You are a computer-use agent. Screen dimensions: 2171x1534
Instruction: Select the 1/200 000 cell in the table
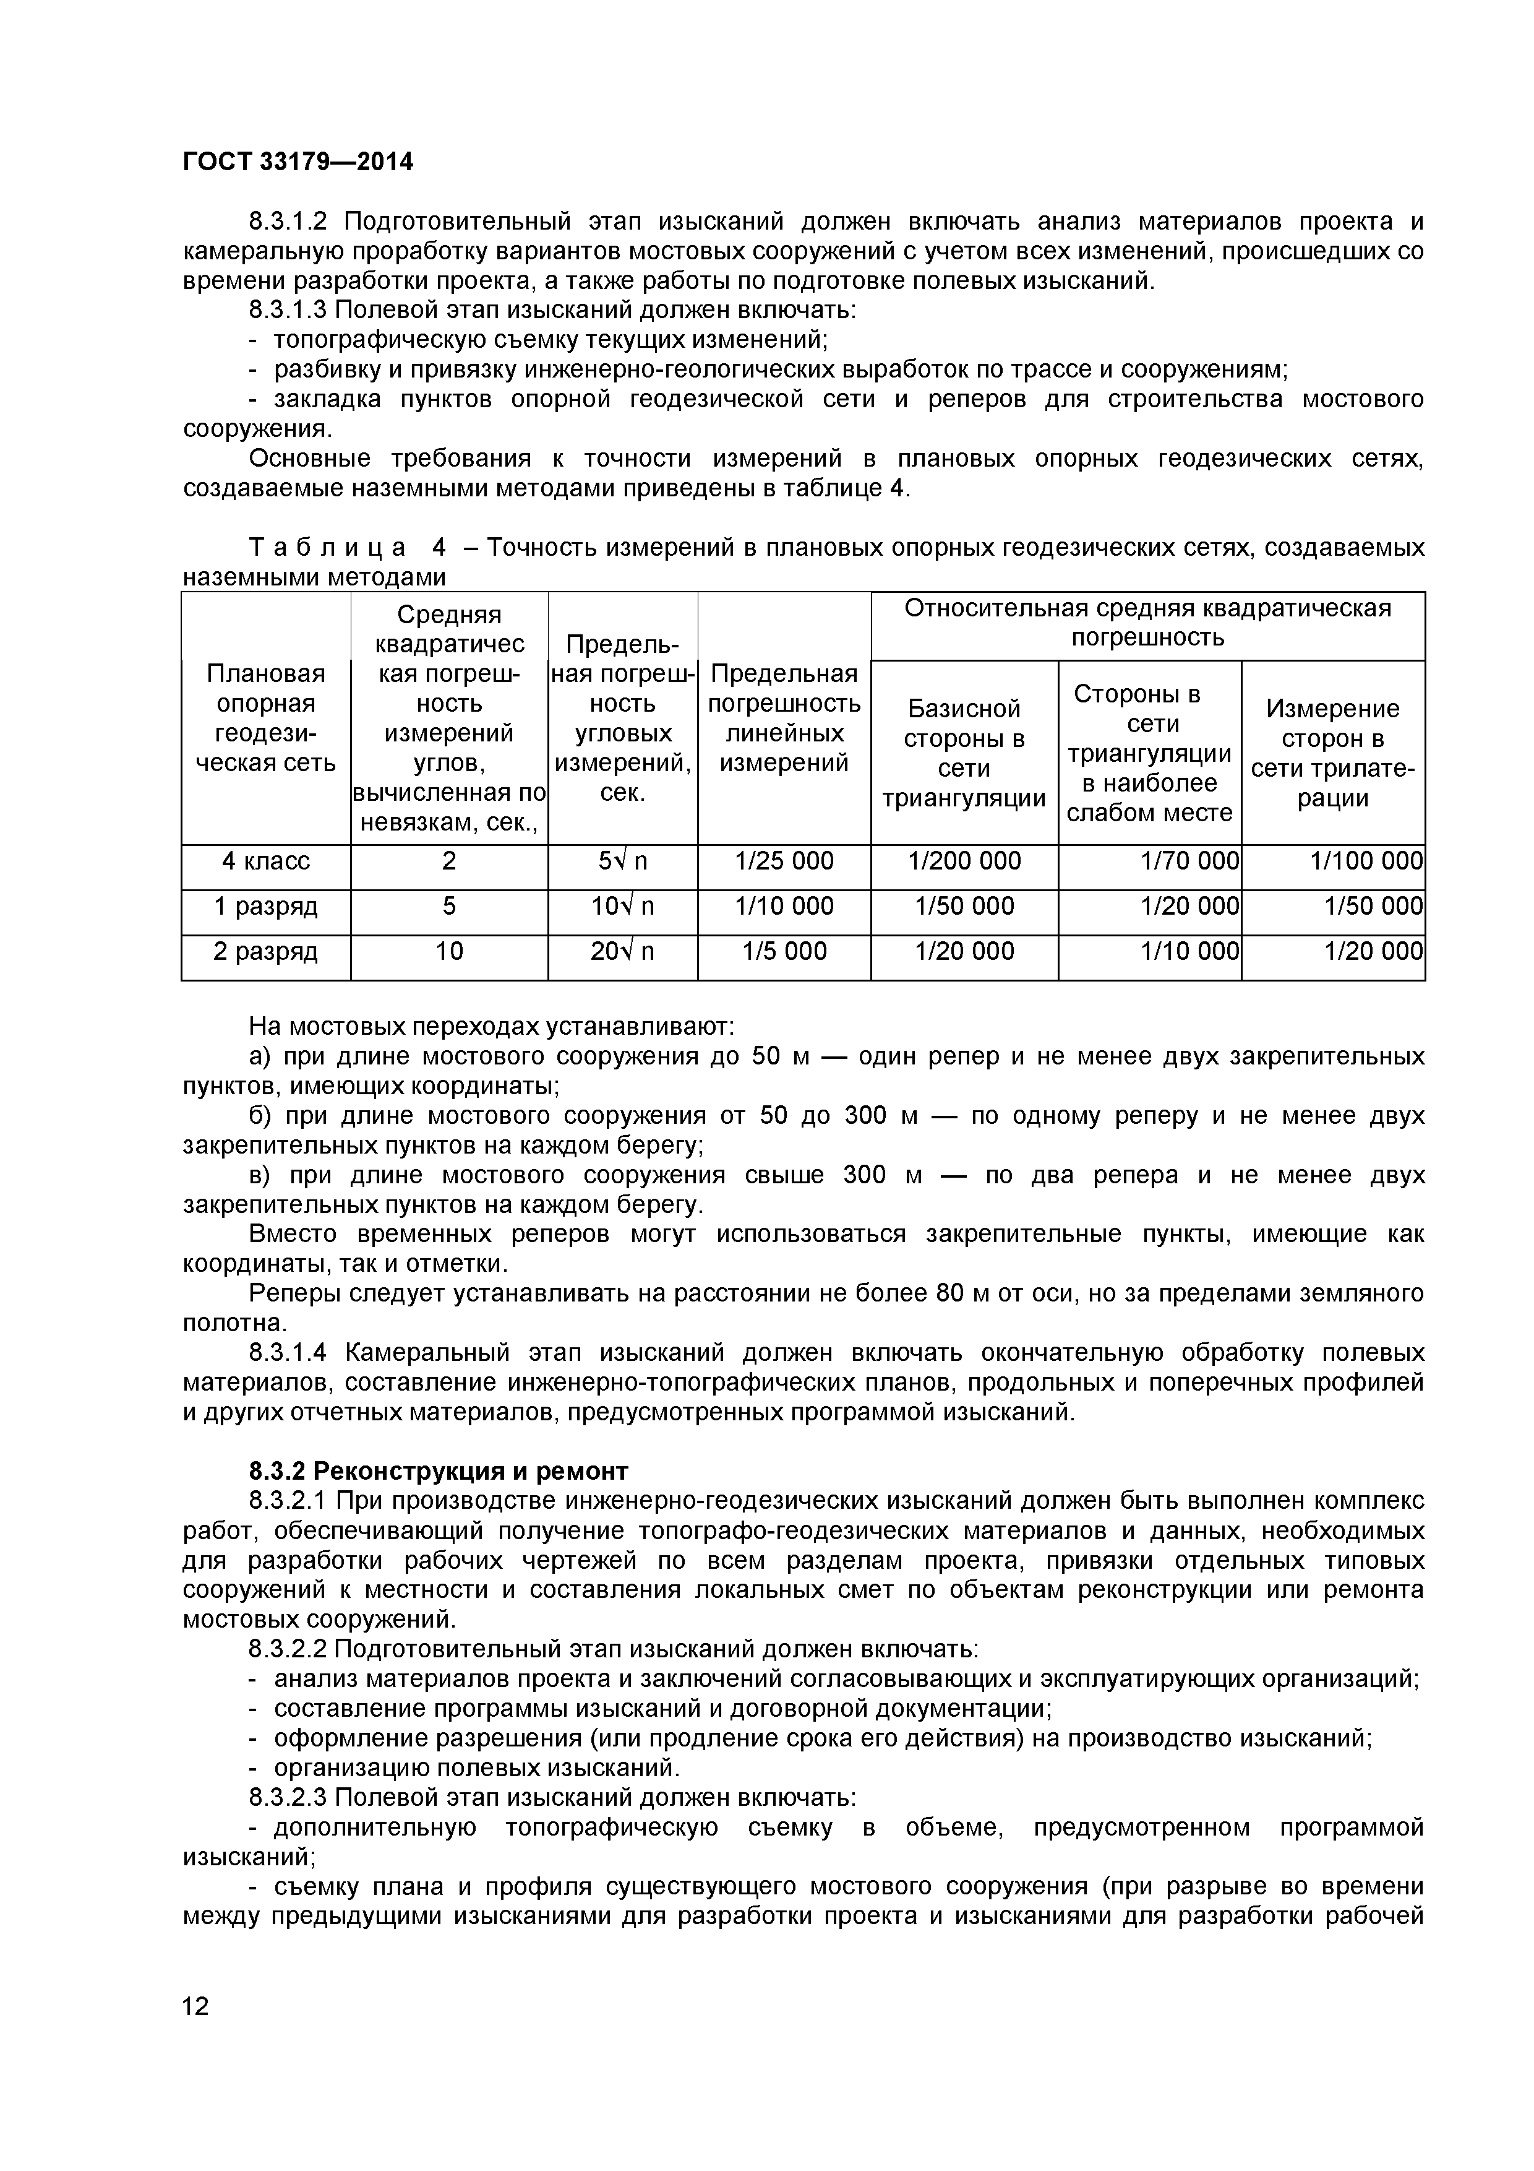(x=964, y=860)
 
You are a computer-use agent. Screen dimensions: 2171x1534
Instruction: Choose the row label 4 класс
(x=265, y=860)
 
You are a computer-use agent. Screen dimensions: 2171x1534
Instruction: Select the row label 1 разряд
(x=265, y=906)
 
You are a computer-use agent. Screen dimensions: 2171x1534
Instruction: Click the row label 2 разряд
(x=265, y=951)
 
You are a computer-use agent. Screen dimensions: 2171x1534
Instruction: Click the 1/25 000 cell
(x=784, y=860)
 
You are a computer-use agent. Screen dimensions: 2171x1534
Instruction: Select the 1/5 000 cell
(x=784, y=951)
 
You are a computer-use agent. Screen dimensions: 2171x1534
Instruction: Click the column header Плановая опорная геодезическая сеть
(x=265, y=718)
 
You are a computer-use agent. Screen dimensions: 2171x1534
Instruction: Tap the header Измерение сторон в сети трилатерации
(x=1333, y=753)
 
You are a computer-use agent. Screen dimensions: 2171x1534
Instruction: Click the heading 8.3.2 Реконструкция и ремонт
(x=439, y=1471)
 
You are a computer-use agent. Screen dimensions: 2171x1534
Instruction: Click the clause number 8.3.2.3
(x=288, y=1797)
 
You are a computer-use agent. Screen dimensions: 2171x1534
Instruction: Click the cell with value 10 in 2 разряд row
(x=449, y=951)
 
